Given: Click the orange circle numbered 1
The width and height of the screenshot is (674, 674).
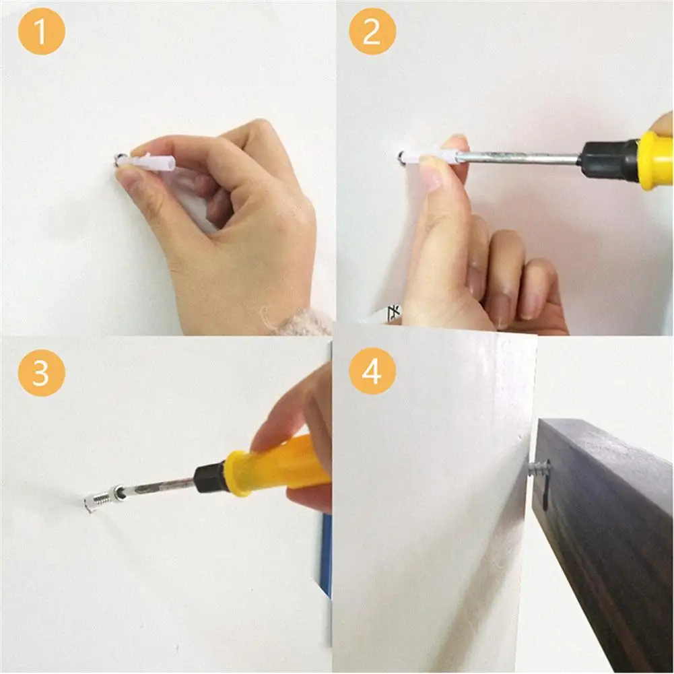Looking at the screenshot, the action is [x=41, y=32].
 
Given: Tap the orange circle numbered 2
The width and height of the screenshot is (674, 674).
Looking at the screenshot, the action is [x=372, y=32].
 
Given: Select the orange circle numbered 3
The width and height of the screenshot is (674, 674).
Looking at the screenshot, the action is [x=41, y=372].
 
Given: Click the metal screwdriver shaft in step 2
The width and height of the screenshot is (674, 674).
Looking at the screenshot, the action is [x=516, y=158].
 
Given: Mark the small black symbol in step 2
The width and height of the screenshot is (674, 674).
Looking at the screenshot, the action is [x=393, y=313].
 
